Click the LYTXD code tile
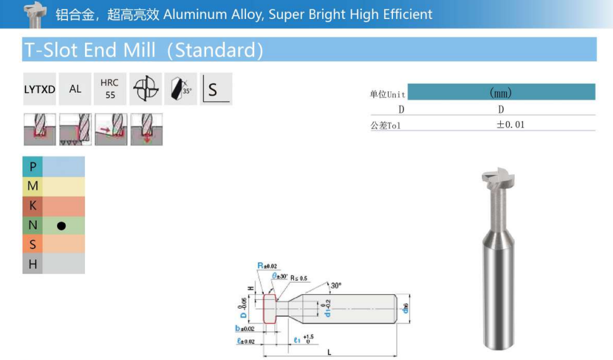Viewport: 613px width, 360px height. click(39, 89)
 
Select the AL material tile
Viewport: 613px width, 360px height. click(75, 89)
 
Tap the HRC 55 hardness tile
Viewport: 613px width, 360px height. click(110, 89)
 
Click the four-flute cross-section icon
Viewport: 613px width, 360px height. click(145, 89)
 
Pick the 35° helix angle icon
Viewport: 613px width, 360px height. click(181, 89)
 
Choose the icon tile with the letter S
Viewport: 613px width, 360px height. click(216, 89)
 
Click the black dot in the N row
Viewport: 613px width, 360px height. click(61, 226)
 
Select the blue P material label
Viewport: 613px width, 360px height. click(33, 167)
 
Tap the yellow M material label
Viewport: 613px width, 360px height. click(33, 186)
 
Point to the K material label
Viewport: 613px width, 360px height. click(33, 206)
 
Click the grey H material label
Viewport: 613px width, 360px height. click(33, 264)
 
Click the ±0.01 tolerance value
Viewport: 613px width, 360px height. click(510, 125)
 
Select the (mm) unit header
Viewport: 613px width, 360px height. click(501, 93)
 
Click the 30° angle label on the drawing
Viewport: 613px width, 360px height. click(335, 286)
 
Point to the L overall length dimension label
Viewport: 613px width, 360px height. click(330, 352)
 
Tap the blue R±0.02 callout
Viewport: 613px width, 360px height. click(267, 266)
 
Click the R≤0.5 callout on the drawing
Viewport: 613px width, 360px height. click(299, 278)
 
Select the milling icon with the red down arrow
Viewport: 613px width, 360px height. click(146, 129)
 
